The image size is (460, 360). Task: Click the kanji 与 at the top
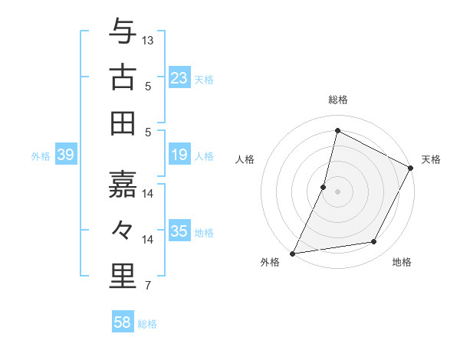pyautogui.click(x=123, y=32)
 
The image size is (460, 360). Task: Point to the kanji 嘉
pyautogui.click(x=123, y=184)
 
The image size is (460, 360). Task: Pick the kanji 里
pyautogui.click(x=123, y=276)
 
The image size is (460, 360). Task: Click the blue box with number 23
pyautogui.click(x=179, y=77)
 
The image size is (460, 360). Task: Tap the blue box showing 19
pyautogui.click(x=179, y=155)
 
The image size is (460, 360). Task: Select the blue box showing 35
pyautogui.click(x=179, y=231)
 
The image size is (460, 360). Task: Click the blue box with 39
pyautogui.click(x=65, y=155)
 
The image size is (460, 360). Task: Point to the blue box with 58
pyautogui.click(x=122, y=322)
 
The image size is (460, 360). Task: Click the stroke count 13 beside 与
pyautogui.click(x=148, y=40)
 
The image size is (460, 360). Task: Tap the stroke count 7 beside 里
pyautogui.click(x=148, y=287)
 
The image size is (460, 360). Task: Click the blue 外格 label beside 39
pyautogui.click(x=41, y=156)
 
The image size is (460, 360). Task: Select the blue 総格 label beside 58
pyautogui.click(x=147, y=324)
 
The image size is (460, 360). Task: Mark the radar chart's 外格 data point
pyautogui.click(x=292, y=253)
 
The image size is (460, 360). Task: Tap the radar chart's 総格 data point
pyautogui.click(x=337, y=131)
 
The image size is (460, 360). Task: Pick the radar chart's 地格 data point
pyautogui.click(x=374, y=242)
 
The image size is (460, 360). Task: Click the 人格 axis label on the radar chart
pyautogui.click(x=245, y=159)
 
